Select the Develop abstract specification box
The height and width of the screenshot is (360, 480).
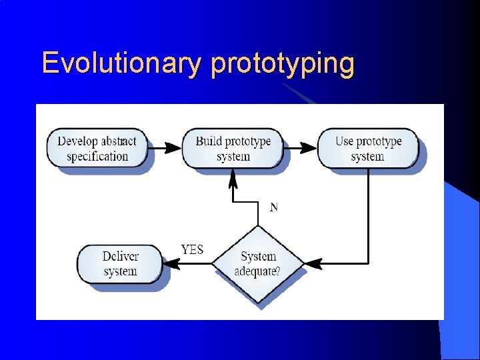click(x=97, y=148)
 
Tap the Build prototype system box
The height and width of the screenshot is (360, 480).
click(x=233, y=148)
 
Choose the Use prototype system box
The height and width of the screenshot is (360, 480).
click(x=368, y=148)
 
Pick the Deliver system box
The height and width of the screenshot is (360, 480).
click(x=120, y=263)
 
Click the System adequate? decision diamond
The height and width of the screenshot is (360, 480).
click(x=258, y=264)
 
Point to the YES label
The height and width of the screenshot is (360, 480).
click(x=192, y=250)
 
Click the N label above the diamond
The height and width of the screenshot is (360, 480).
click(x=273, y=207)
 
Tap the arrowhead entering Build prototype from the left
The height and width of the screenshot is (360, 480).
click(x=175, y=147)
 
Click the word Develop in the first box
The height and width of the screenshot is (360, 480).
click(x=78, y=141)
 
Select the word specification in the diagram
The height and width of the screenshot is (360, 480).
click(x=97, y=157)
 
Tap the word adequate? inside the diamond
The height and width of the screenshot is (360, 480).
click(x=257, y=271)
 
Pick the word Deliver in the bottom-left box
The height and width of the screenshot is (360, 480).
click(x=121, y=257)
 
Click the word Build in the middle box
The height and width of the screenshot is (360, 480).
click(x=209, y=141)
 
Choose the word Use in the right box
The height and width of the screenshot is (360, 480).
click(x=344, y=141)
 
